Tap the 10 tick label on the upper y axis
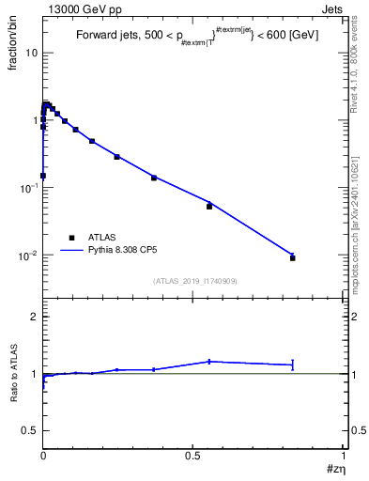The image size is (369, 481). (31, 53)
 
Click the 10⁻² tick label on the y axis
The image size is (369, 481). (28, 255)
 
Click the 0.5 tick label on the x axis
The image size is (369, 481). (193, 456)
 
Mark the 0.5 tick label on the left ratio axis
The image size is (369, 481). (31, 430)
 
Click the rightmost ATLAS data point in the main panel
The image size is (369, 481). (293, 257)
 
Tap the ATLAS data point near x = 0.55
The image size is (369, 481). (209, 206)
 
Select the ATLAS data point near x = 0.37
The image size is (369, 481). (154, 177)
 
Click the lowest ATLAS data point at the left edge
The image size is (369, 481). (43, 175)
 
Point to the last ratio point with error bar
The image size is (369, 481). (293, 365)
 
